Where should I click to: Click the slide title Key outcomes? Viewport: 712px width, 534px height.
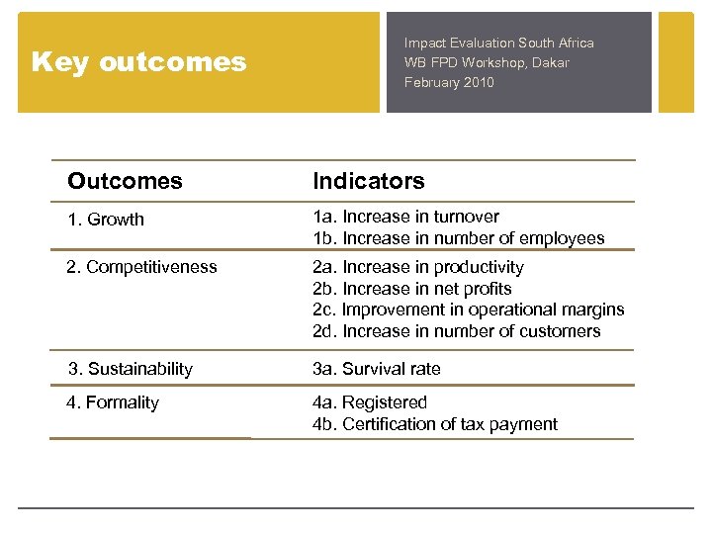pos(138,62)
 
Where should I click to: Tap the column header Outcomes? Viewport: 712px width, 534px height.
pos(125,181)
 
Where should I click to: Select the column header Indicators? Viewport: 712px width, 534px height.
pos(368,181)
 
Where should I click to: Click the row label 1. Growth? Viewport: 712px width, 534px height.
pos(106,220)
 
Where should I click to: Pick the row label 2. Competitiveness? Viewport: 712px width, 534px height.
pos(141,267)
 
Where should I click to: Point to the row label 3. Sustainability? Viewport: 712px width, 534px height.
pos(130,369)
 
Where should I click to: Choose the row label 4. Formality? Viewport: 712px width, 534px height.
pos(112,402)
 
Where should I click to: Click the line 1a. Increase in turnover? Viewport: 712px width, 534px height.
pos(405,217)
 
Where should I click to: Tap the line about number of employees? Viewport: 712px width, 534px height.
pos(458,238)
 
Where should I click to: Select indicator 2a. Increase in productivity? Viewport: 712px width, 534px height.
pos(418,267)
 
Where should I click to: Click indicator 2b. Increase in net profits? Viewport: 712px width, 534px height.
pos(411,289)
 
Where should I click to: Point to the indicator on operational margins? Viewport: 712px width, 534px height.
pos(468,310)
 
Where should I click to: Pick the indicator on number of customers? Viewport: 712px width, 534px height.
pos(456,331)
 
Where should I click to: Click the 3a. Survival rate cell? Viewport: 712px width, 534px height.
pos(376,369)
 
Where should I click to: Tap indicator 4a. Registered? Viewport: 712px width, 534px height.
pos(369,402)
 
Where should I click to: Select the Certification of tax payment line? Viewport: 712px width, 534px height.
pos(434,424)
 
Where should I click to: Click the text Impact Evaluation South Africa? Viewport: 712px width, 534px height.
pos(498,44)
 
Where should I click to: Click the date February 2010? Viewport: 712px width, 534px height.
pos(448,82)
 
